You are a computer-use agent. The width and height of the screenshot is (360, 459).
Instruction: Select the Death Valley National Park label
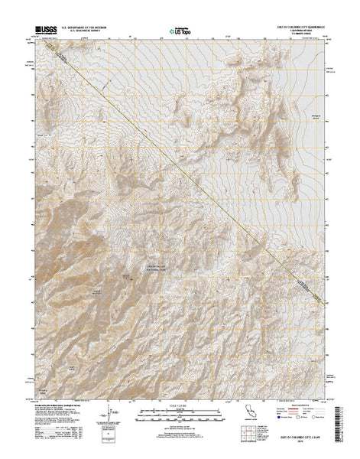click(159, 268)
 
